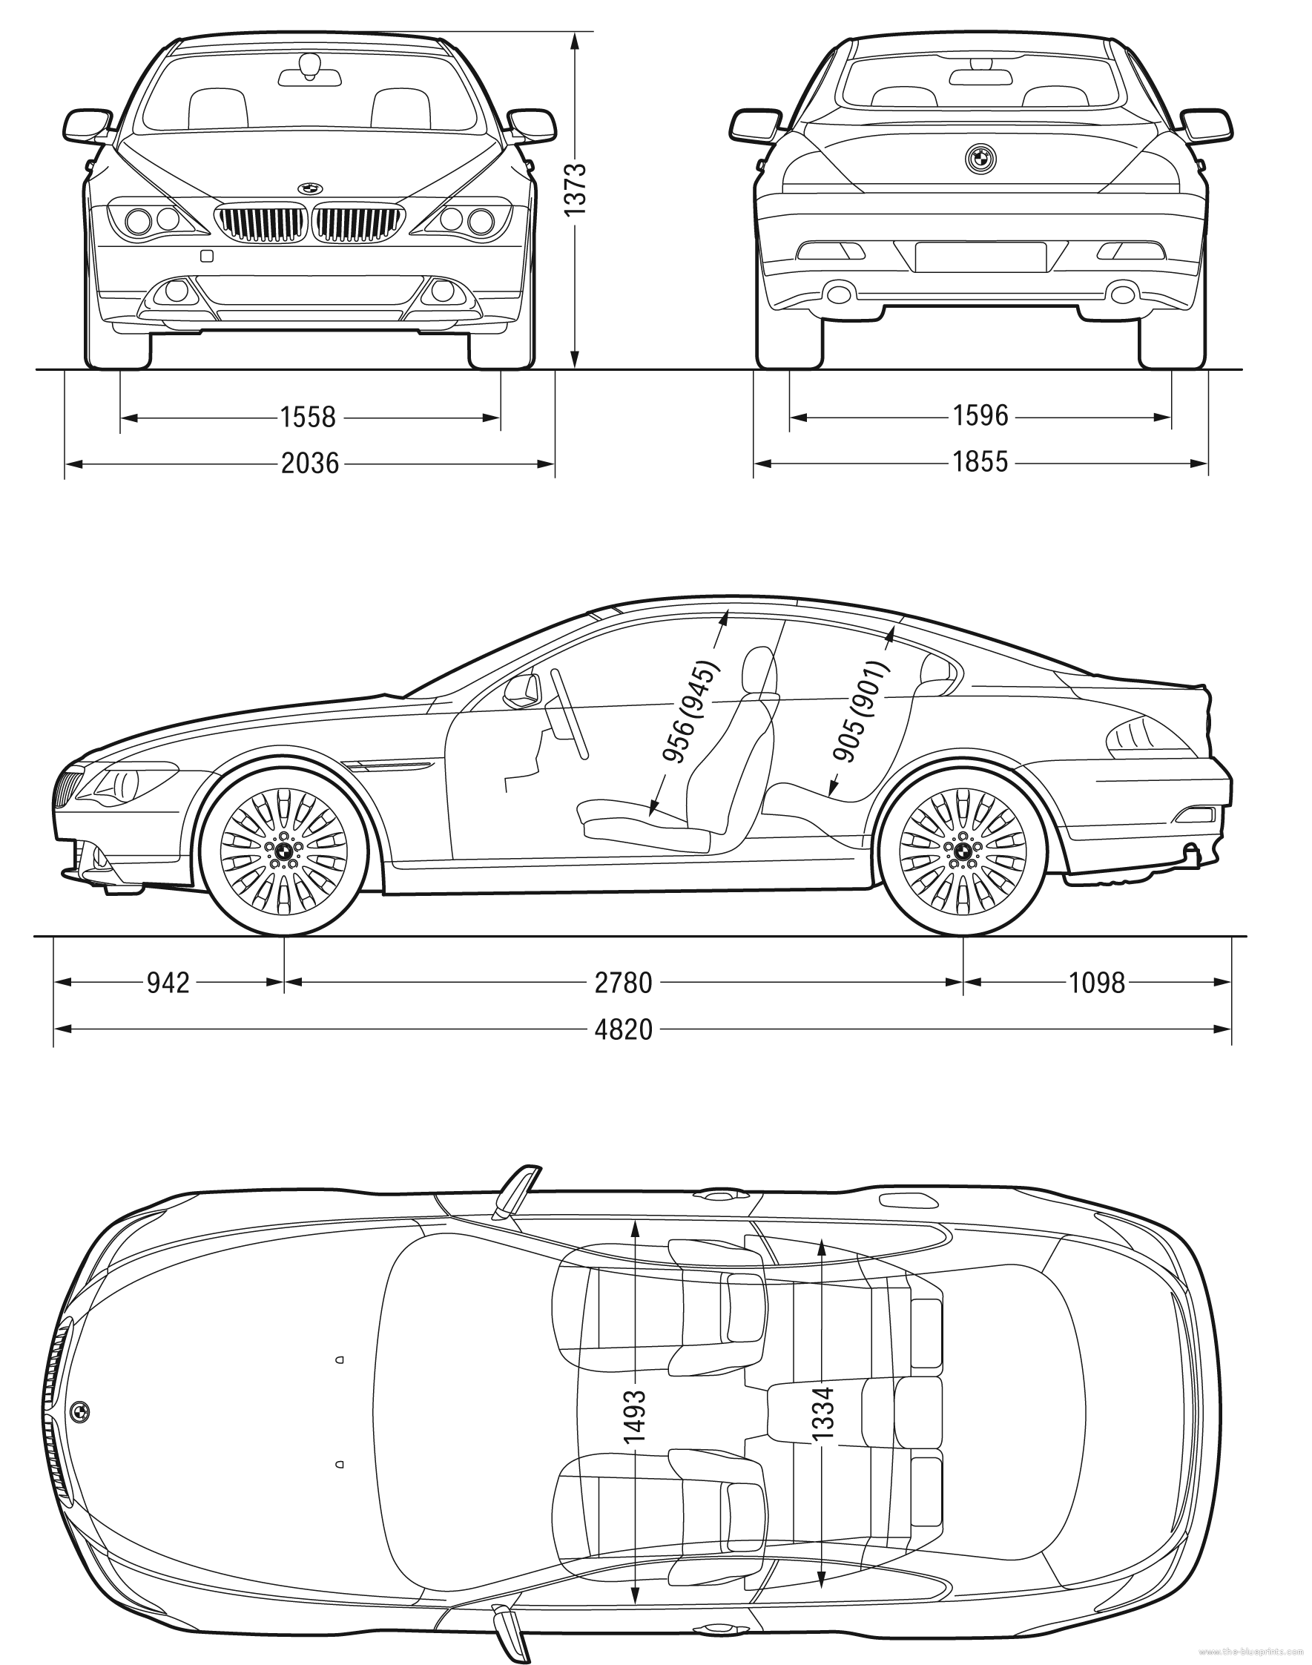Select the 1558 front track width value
[x=308, y=418]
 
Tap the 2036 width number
[x=309, y=464]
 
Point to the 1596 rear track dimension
[x=980, y=416]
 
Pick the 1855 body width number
[x=980, y=462]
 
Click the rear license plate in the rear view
[x=980, y=257]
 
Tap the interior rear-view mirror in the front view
[x=309, y=73]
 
